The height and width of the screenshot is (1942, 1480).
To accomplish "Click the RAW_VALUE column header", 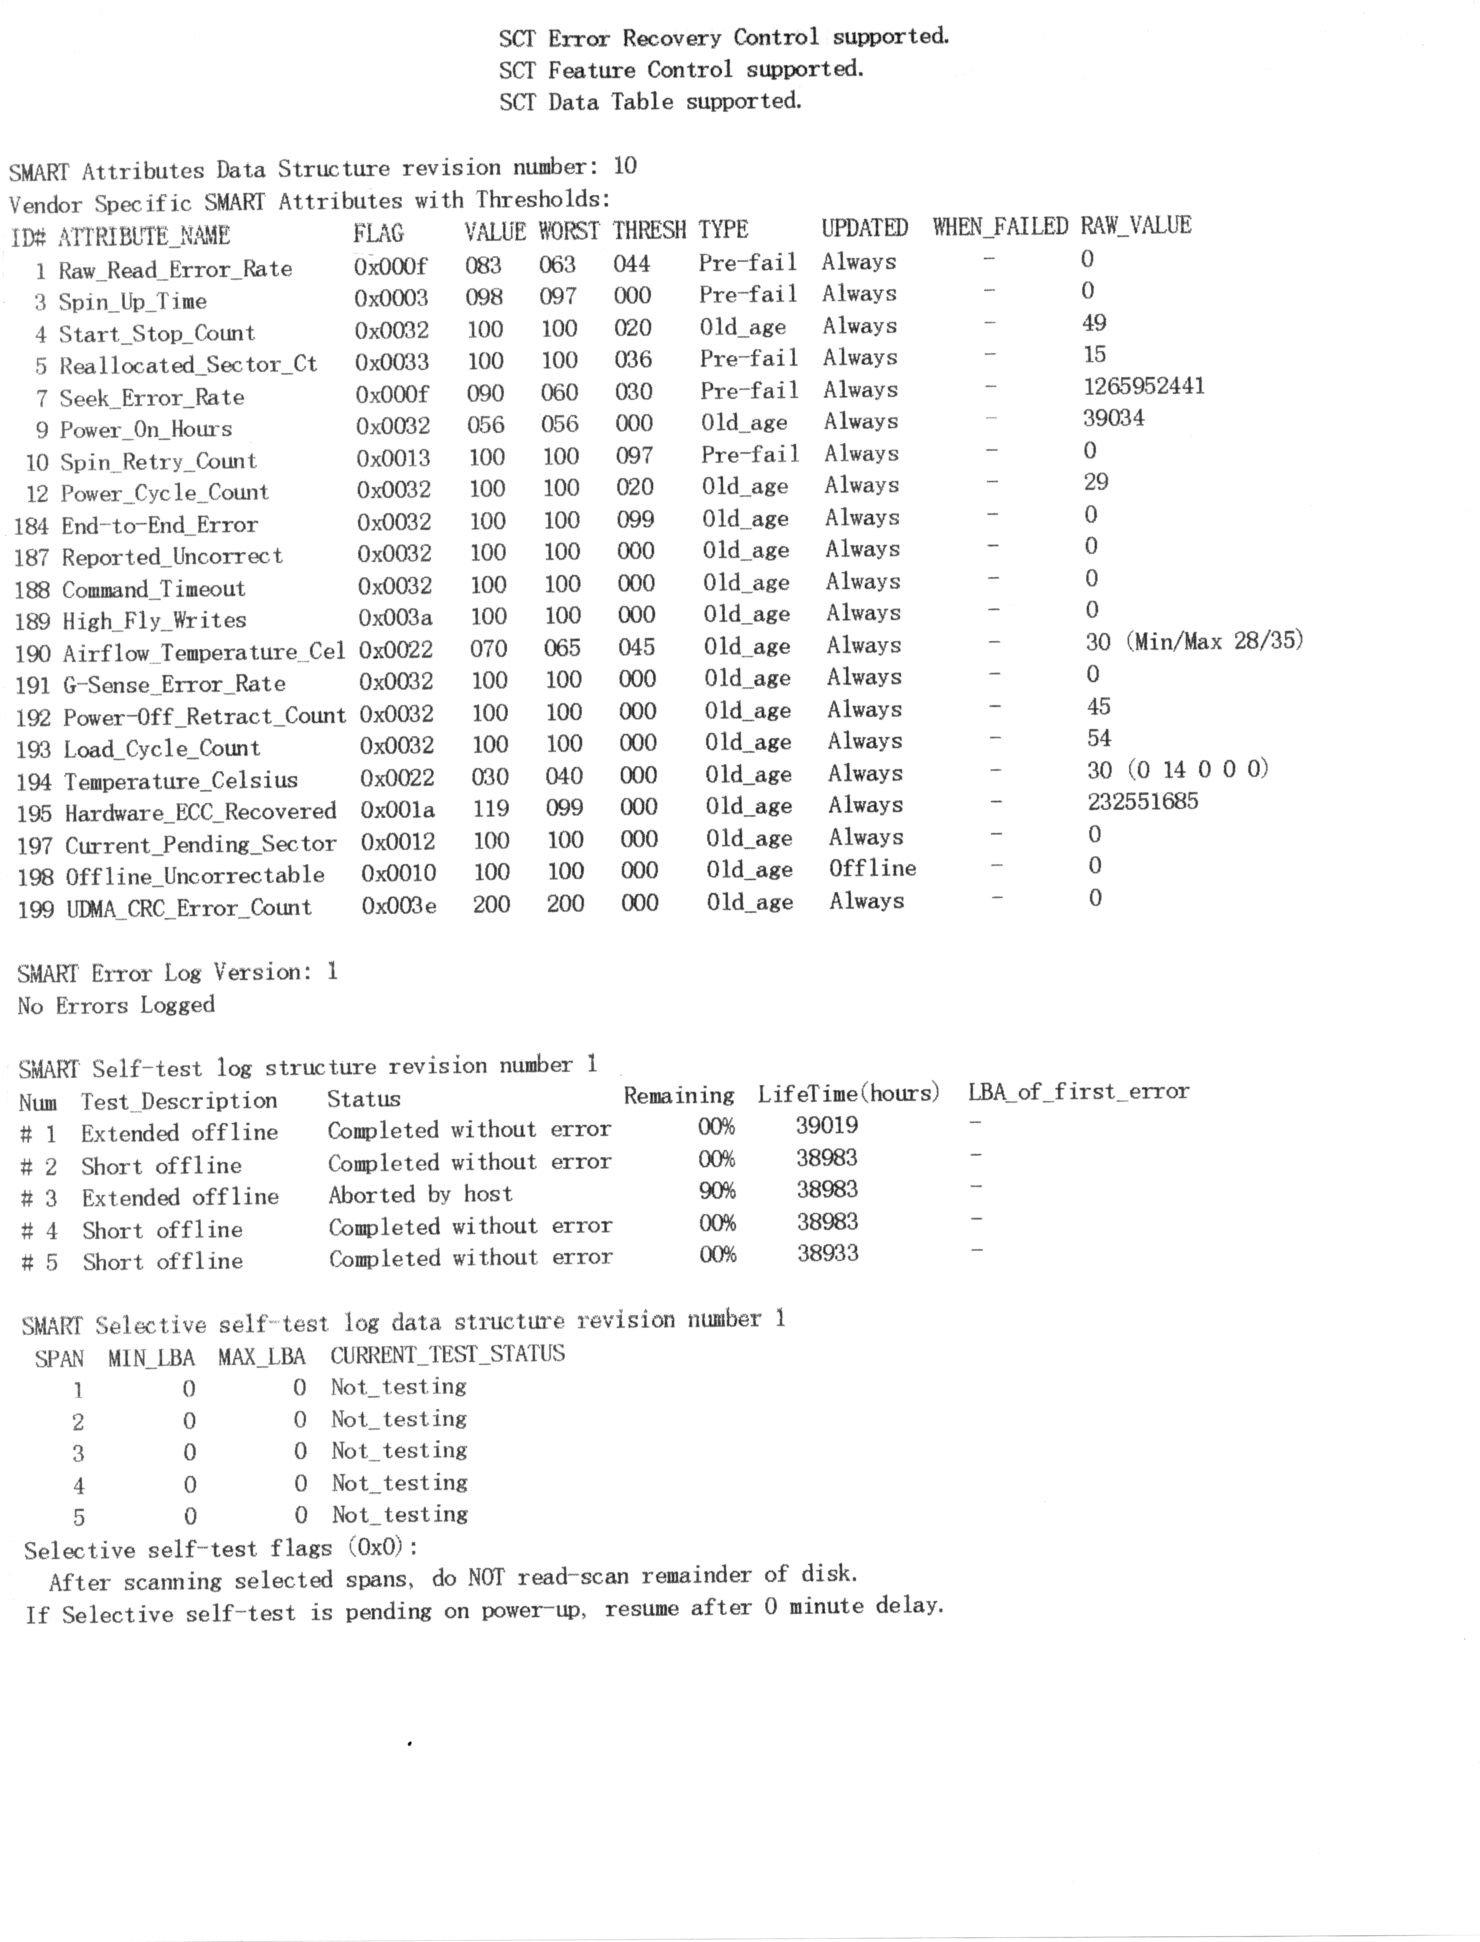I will point(1136,225).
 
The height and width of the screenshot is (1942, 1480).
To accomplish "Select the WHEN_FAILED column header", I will point(1000,227).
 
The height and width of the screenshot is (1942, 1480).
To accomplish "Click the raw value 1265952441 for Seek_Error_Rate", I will point(1144,386).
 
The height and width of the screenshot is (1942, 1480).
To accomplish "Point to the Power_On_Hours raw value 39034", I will point(1113,418).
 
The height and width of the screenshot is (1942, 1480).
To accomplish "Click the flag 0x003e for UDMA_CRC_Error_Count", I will point(398,906).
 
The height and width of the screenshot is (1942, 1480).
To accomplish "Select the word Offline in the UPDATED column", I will point(872,869).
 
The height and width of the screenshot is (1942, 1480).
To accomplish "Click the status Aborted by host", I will point(420,1195).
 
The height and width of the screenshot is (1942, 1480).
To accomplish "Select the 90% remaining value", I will point(717,1191).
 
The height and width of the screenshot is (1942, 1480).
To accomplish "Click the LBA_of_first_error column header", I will point(1078,1092).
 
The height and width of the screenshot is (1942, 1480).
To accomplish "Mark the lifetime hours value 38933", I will point(827,1253).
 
